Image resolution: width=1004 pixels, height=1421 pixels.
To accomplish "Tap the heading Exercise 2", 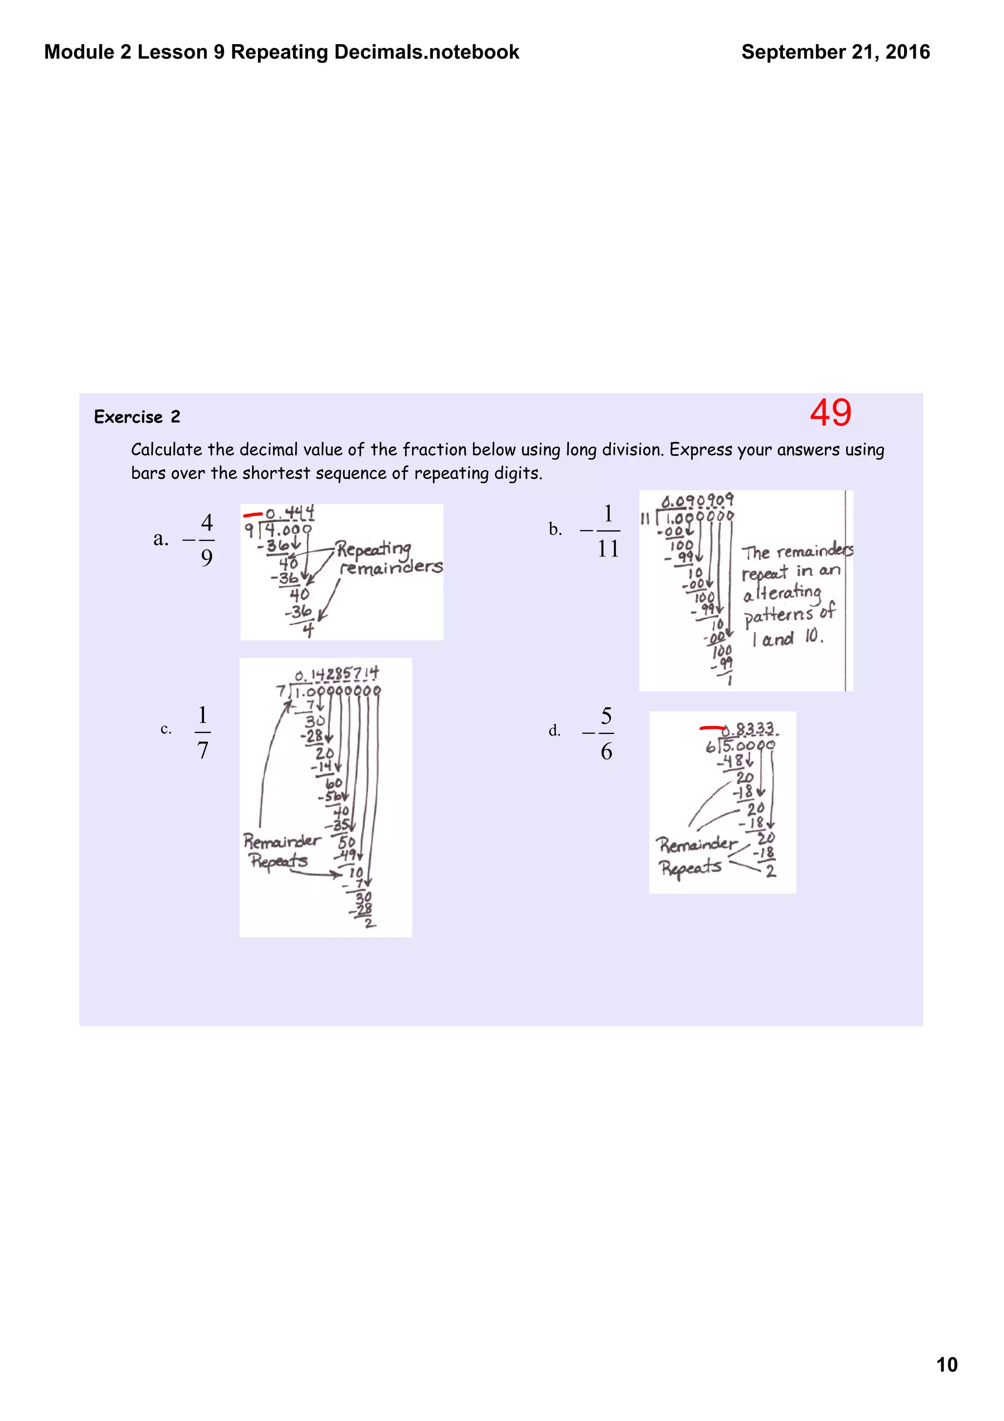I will (x=137, y=416).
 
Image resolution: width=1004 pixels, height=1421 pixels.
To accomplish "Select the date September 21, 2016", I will (x=835, y=52).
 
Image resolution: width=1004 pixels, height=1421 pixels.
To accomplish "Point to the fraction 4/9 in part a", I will (x=206, y=540).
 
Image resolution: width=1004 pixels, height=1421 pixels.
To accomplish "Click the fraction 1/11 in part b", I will (x=607, y=531).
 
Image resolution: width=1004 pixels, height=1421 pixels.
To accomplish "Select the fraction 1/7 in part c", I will (x=202, y=732).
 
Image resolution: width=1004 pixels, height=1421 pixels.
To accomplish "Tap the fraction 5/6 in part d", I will (x=606, y=734).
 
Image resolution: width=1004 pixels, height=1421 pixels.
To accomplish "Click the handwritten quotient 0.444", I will (x=290, y=513).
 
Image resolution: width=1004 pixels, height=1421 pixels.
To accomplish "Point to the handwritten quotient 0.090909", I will (x=697, y=500).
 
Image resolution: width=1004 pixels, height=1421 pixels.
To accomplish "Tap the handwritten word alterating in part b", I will (x=782, y=593).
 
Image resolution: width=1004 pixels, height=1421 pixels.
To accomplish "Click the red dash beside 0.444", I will (x=252, y=514).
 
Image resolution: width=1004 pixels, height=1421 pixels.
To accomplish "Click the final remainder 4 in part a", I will (x=308, y=630).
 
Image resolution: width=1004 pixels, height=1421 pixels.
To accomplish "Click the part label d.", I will (x=554, y=731).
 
